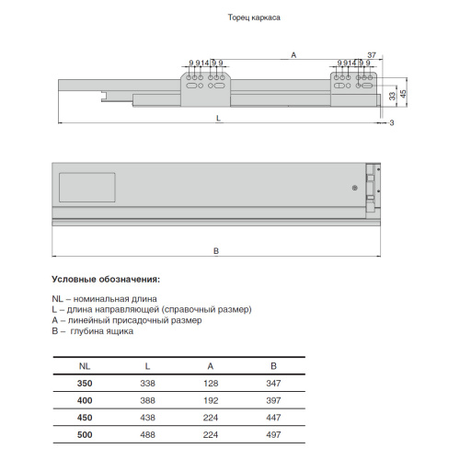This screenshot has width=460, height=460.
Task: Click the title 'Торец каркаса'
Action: [x=254, y=17]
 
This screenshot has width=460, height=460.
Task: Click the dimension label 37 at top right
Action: [x=372, y=55]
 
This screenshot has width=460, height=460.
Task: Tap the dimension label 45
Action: [x=403, y=94]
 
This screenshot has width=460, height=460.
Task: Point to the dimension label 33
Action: [x=393, y=96]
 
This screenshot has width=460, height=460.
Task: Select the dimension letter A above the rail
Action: [x=293, y=55]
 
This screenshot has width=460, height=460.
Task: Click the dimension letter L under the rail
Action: [x=218, y=118]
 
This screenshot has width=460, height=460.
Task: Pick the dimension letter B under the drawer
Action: [x=216, y=251]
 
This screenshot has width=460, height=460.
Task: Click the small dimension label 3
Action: [x=392, y=123]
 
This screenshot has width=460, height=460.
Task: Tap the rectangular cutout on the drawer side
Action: [x=87, y=188]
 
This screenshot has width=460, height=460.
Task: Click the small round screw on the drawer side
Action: [x=355, y=188]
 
